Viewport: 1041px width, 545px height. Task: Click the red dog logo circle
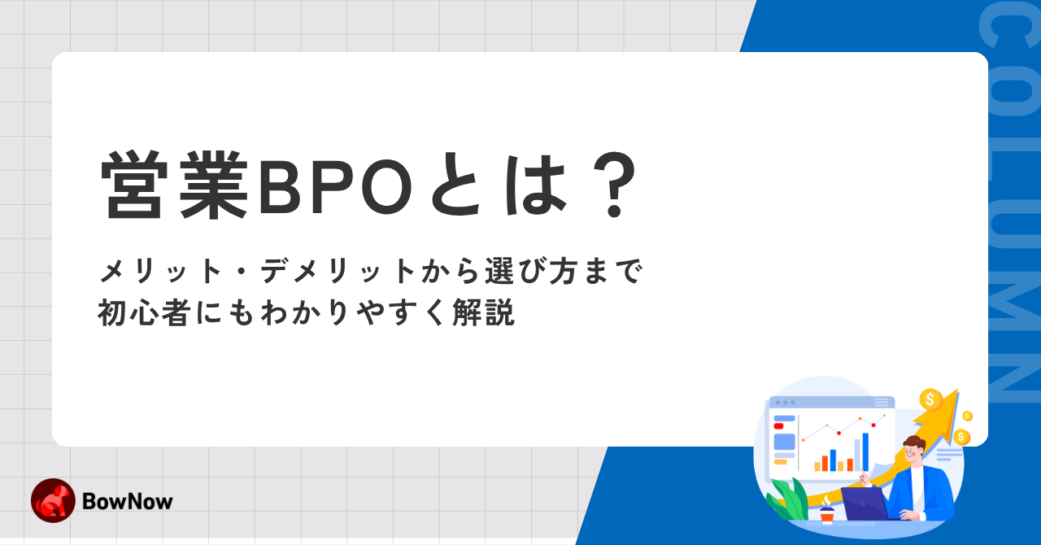(x=53, y=500)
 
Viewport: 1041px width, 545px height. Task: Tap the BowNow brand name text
(x=128, y=501)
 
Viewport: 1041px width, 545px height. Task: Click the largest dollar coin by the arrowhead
(x=930, y=399)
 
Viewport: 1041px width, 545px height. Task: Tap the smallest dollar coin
(x=967, y=416)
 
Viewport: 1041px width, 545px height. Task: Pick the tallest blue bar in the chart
(x=865, y=451)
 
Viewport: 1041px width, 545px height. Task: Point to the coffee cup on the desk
(x=827, y=513)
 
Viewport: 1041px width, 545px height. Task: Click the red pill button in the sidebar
(x=778, y=426)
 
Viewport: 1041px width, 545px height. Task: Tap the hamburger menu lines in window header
(x=882, y=402)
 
